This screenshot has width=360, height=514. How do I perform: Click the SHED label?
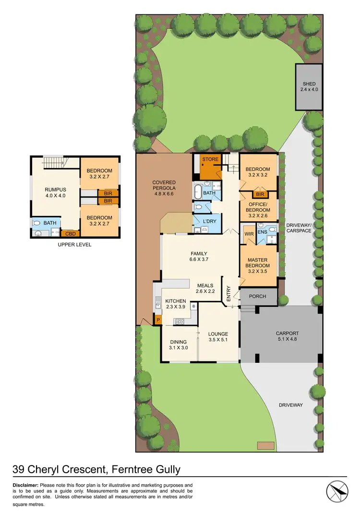pyautogui.click(x=309, y=84)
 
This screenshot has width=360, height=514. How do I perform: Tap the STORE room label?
pyautogui.click(x=210, y=159)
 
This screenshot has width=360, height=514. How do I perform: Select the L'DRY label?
pyautogui.click(x=210, y=221)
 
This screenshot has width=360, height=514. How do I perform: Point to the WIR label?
pyautogui.click(x=249, y=234)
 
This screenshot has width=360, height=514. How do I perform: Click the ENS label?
pyautogui.click(x=262, y=232)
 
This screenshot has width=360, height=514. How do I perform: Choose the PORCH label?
pyautogui.click(x=258, y=296)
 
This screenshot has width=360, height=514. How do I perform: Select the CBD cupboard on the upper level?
pyautogui.click(x=70, y=234)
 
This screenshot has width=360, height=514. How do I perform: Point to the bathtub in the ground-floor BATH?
pyautogui.click(x=198, y=193)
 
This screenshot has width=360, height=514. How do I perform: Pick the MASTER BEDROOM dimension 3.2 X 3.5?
pyautogui.click(x=258, y=272)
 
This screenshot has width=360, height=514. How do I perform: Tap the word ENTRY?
pyautogui.click(x=228, y=292)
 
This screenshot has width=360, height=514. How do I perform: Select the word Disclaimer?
pyautogui.click(x=25, y=485)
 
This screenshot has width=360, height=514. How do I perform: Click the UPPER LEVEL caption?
pyautogui.click(x=74, y=245)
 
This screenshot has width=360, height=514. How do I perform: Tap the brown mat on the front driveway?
pyautogui.click(x=265, y=445)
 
